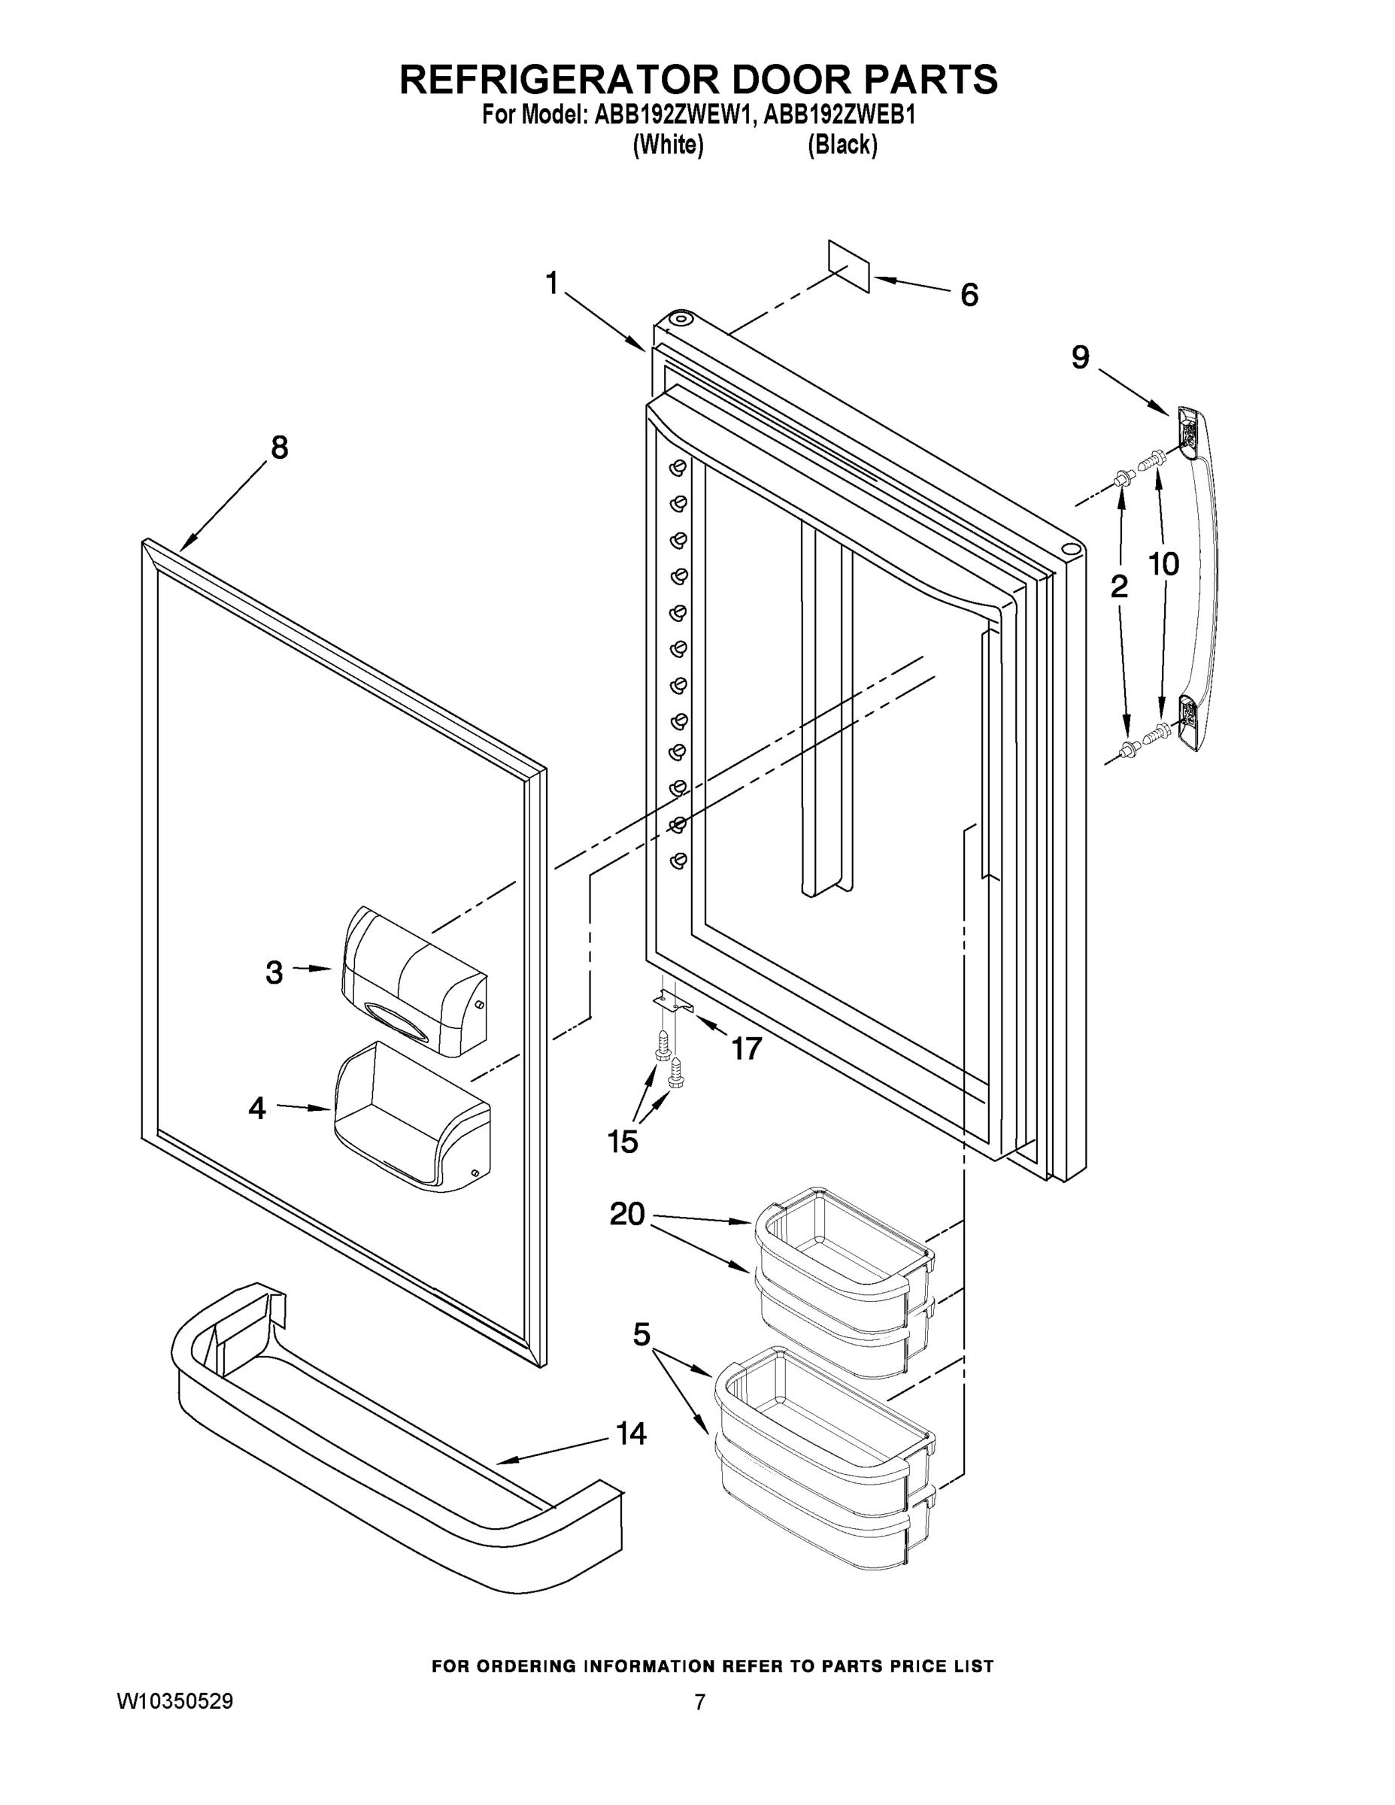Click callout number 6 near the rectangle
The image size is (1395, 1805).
click(969, 295)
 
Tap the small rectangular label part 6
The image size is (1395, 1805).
click(849, 266)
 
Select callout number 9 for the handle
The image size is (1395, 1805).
click(1080, 357)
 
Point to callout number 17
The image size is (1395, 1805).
click(745, 1049)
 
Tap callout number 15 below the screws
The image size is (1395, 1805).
click(622, 1142)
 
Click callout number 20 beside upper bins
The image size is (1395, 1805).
click(626, 1214)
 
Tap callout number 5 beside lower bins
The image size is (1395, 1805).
click(641, 1334)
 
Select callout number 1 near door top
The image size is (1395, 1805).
click(552, 284)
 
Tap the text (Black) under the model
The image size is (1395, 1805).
click(842, 145)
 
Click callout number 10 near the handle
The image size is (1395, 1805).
click(1163, 565)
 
